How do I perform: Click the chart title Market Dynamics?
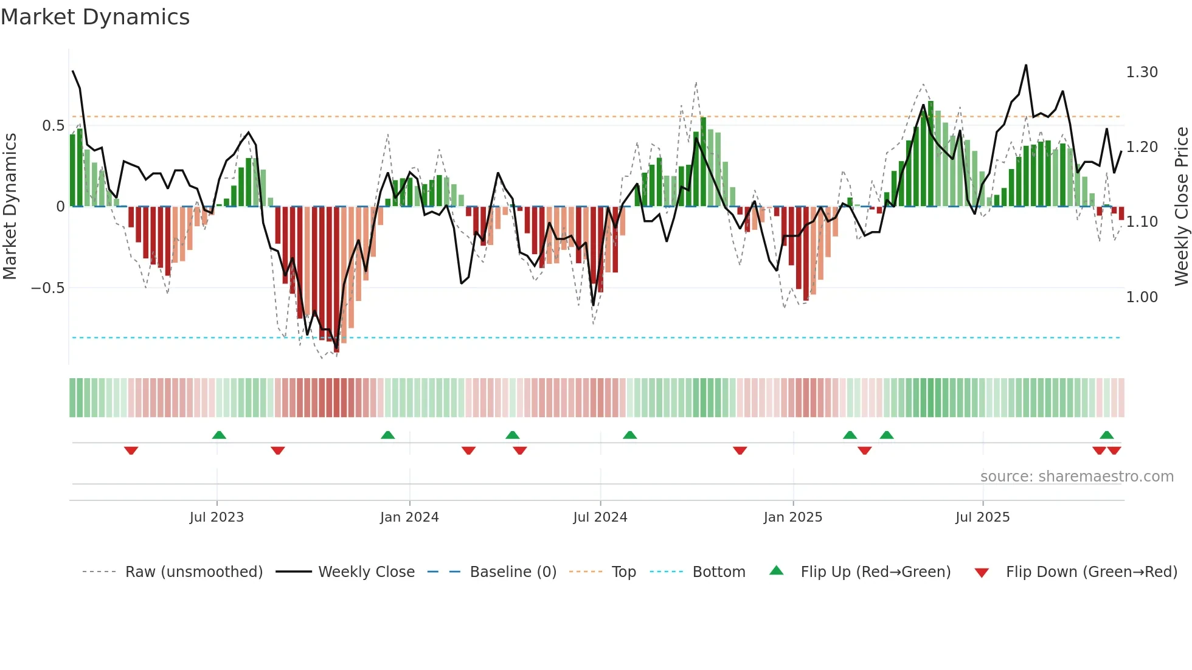pos(95,17)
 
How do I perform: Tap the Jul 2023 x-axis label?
pos(217,517)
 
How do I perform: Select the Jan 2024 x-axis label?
pos(409,517)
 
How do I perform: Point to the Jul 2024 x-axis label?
pos(600,517)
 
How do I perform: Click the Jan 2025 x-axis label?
pos(793,517)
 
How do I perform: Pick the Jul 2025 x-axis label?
pos(983,517)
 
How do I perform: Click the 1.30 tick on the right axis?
pos(1142,72)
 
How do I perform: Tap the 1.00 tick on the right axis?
pos(1142,297)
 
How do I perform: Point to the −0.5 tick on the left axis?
pos(48,288)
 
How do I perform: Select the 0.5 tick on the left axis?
pos(53,126)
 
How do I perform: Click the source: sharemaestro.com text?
pos(1077,477)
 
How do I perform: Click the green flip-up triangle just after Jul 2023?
pos(219,435)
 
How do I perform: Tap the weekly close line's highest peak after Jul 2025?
pos(1026,65)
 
